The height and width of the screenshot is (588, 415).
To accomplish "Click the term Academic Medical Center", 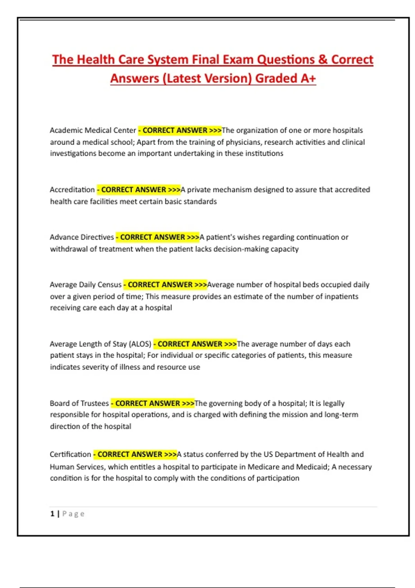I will [x=93, y=130].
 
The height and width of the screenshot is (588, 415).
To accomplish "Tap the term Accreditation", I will [x=72, y=190].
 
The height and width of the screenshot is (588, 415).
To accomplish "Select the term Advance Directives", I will [x=82, y=237].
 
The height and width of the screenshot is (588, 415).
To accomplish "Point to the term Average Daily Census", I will [x=85, y=285].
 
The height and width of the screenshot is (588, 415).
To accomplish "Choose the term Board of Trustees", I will [x=79, y=403].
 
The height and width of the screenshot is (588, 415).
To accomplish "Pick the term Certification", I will [x=70, y=454].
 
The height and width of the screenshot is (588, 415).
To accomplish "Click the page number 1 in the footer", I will [x=52, y=514].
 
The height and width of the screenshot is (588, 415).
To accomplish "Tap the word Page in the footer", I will [x=73, y=514].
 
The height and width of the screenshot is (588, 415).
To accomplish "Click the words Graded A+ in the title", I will [x=286, y=79].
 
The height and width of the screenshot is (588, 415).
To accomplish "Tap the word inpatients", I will [x=341, y=297].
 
